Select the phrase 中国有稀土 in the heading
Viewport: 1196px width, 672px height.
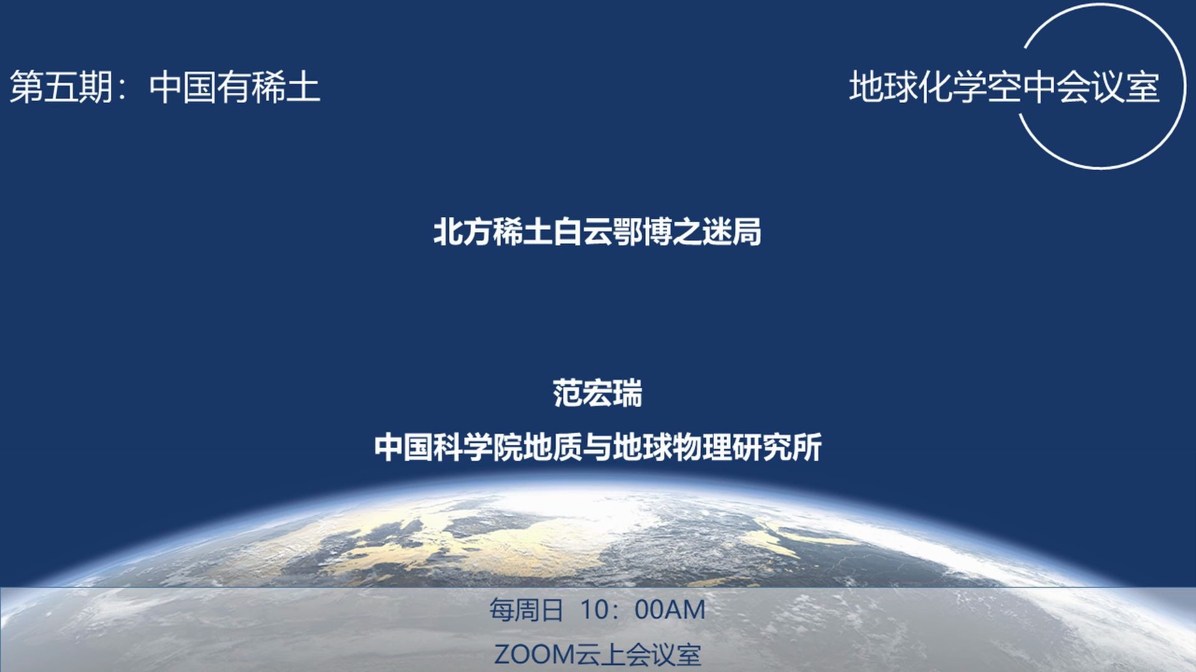(x=235, y=87)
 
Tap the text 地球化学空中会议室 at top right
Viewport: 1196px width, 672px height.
(x=1004, y=87)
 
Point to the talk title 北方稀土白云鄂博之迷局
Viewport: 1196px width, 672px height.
(x=597, y=232)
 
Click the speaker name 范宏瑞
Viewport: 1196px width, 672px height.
(x=597, y=393)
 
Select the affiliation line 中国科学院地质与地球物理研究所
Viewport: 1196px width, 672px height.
(x=597, y=447)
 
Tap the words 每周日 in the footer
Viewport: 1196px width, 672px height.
(x=526, y=610)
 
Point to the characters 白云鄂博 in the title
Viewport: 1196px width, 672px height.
(x=612, y=232)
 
